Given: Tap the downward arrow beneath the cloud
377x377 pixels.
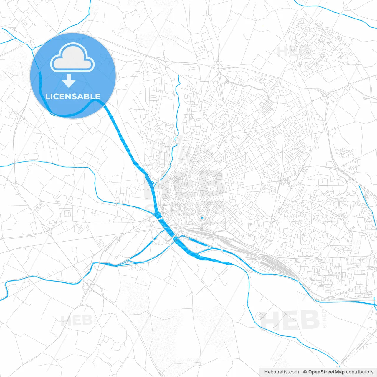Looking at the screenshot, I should [69, 81].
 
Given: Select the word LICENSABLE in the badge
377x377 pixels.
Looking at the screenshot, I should [73, 96].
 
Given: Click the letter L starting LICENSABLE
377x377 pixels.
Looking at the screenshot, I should [47, 96].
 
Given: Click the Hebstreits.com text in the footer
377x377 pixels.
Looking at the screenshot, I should [282, 372].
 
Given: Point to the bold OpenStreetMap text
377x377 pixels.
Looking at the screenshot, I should [326, 372].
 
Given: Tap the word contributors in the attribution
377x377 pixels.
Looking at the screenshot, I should [360, 372].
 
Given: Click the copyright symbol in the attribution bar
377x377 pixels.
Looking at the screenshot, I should [305, 372].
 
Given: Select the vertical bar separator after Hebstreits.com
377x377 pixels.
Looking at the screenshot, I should [301, 372].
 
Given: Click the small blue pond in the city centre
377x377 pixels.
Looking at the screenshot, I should [202, 218].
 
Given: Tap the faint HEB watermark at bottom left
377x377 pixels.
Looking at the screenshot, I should [77, 320].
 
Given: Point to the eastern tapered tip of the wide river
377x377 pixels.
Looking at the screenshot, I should [230, 264].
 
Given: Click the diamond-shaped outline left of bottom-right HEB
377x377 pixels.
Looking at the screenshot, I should [260, 316].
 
